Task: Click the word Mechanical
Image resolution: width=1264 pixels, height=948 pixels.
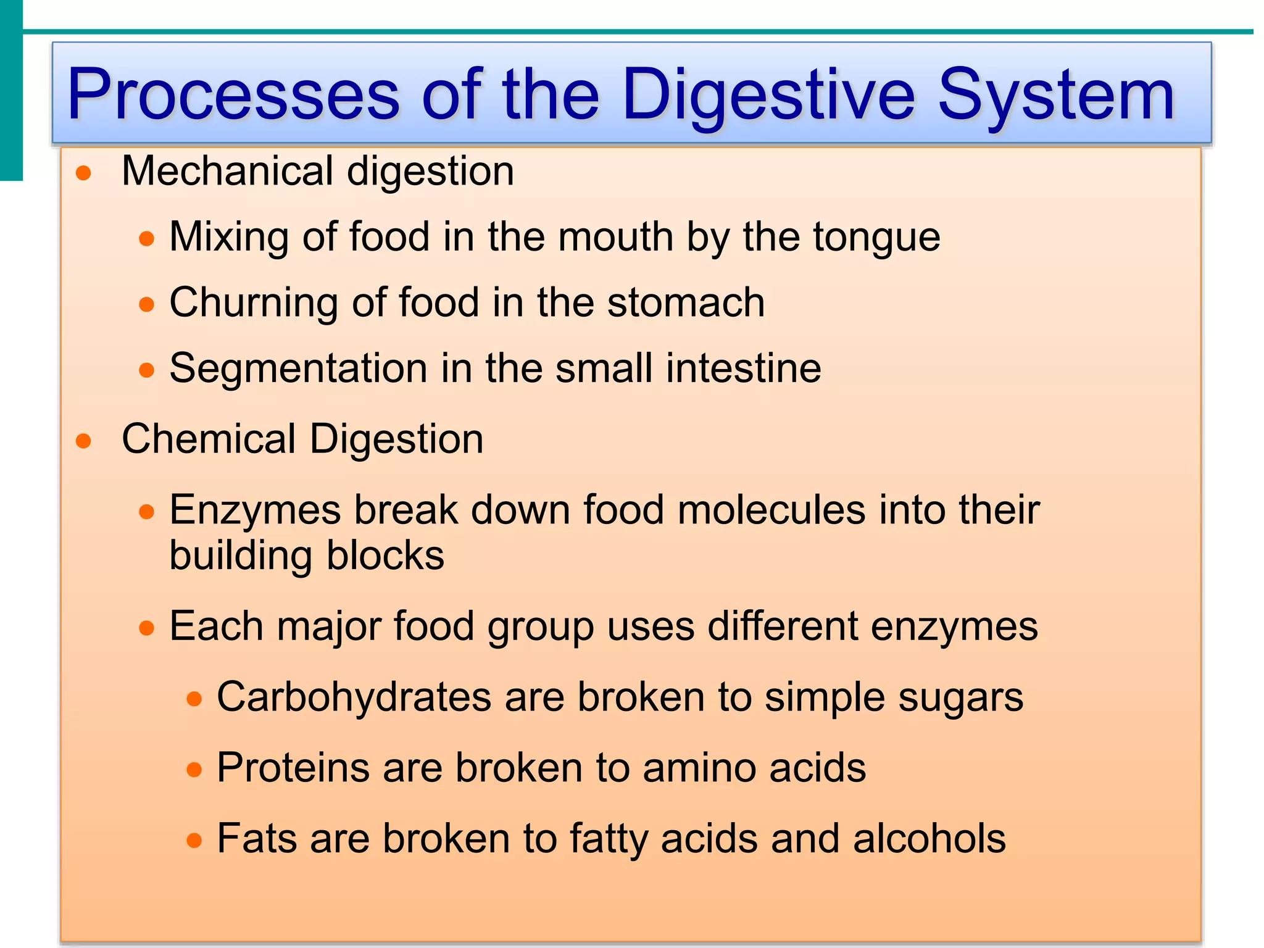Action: point(228,171)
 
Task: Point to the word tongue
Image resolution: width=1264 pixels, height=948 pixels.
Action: point(876,238)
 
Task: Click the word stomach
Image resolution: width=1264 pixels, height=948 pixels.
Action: point(686,303)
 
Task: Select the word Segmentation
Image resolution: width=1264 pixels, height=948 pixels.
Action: point(298,368)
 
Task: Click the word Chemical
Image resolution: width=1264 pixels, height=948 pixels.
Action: point(209,439)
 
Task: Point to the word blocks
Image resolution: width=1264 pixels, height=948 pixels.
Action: point(385,556)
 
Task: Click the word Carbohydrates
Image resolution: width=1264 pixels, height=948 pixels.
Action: point(354,697)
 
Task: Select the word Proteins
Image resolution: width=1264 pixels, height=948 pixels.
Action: point(293,768)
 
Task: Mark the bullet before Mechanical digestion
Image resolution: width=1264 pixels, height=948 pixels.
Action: point(84,173)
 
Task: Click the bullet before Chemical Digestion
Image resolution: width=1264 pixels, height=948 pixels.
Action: point(84,441)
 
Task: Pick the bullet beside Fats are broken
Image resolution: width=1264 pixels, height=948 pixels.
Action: point(194,841)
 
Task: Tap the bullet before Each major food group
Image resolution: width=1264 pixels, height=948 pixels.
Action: point(147,628)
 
